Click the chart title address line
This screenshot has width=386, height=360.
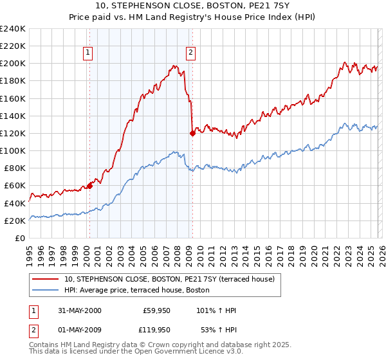193,6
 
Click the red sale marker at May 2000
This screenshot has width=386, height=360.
90,186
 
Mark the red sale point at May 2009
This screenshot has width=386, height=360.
192,133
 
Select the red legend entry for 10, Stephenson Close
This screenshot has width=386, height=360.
169,278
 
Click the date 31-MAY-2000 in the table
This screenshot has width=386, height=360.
79,310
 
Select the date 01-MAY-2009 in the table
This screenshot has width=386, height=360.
79,330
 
